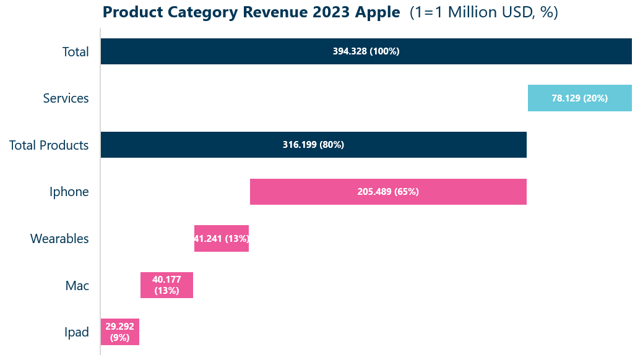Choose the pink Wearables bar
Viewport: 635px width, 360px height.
tap(221, 239)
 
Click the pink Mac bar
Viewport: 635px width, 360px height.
tap(166, 285)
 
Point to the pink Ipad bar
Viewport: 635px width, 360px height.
tap(119, 332)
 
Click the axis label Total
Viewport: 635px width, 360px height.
tap(76, 52)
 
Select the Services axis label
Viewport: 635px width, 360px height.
tap(66, 98)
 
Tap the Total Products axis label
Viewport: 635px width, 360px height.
tap(49, 145)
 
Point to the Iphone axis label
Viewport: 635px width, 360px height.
tap(69, 192)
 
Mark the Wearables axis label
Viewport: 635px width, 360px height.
tap(59, 239)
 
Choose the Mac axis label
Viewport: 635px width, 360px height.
tap(77, 286)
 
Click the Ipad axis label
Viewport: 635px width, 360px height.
tap(77, 332)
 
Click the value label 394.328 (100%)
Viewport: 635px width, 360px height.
tap(366, 51)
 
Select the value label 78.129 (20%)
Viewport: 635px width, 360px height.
tap(579, 98)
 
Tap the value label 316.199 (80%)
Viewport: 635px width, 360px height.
tap(313, 145)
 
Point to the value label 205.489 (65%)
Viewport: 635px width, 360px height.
tap(388, 192)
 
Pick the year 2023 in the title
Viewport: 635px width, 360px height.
tap(322, 12)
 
